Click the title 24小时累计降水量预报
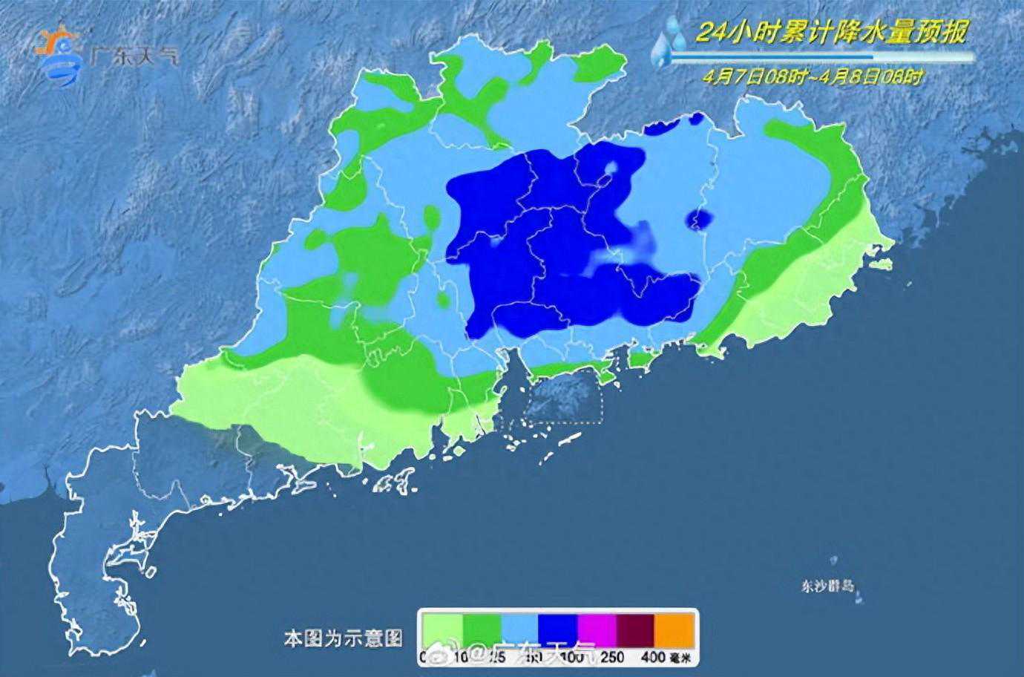tap(832, 32)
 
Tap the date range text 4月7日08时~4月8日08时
tap(814, 76)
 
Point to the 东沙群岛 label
tap(827, 586)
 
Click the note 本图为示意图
tap(343, 638)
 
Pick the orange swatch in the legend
tap(675, 629)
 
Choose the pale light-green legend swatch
tap(442, 629)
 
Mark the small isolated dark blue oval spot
tap(700, 218)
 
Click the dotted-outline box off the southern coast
tap(562, 397)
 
